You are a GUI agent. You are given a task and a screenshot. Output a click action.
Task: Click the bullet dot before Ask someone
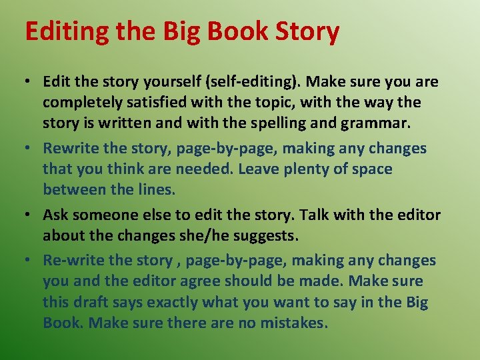click(x=28, y=215)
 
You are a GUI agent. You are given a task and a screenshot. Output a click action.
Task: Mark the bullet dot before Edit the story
click(x=28, y=83)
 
